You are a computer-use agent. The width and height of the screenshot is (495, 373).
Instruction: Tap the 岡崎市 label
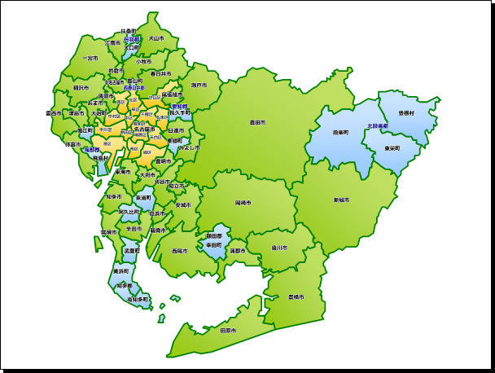(x=243, y=201)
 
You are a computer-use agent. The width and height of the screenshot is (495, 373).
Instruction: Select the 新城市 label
(x=341, y=200)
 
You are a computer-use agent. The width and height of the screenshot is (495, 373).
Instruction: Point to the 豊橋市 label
(x=296, y=296)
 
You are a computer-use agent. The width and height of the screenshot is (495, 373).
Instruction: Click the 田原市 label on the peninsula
(x=228, y=331)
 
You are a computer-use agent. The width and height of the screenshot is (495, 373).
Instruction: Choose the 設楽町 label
(x=340, y=131)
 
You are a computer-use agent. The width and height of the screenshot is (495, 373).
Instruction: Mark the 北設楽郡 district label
(x=378, y=126)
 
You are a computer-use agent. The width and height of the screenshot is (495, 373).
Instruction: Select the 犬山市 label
(x=156, y=37)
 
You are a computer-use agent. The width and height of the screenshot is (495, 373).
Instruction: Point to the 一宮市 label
(x=90, y=59)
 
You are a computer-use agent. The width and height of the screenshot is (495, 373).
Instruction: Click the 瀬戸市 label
(x=199, y=85)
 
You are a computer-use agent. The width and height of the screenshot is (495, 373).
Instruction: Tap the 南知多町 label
(x=138, y=300)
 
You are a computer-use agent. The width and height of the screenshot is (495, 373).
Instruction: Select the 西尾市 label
(x=179, y=251)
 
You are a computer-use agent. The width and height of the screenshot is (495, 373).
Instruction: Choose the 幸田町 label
(x=215, y=244)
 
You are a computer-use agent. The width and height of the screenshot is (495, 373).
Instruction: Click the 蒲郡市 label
(x=238, y=251)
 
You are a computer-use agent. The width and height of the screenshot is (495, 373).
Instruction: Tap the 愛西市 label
(x=54, y=113)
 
